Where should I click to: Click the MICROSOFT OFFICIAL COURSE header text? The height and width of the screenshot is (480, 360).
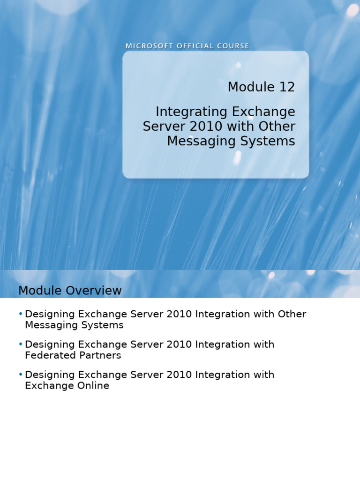tap(187, 46)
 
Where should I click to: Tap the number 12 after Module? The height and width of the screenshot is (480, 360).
tap(285, 87)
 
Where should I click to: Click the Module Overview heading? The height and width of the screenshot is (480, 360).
tap(70, 291)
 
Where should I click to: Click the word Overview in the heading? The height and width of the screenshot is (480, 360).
tap(95, 291)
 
